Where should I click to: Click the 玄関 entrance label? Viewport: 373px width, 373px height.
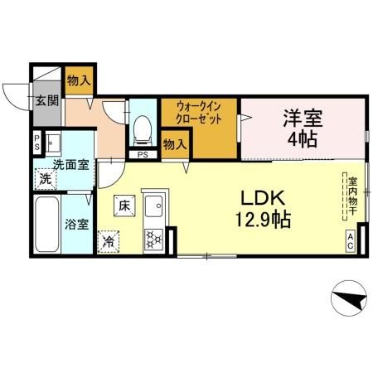46,102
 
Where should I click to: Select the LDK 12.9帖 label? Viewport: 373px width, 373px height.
264,210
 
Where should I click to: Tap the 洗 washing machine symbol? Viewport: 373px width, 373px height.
46,178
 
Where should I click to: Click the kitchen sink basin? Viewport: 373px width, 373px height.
153,204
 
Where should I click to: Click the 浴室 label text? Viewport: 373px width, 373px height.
78,223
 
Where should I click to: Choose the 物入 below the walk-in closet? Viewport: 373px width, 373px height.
174,144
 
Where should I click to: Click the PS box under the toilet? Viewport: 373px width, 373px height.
143,154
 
